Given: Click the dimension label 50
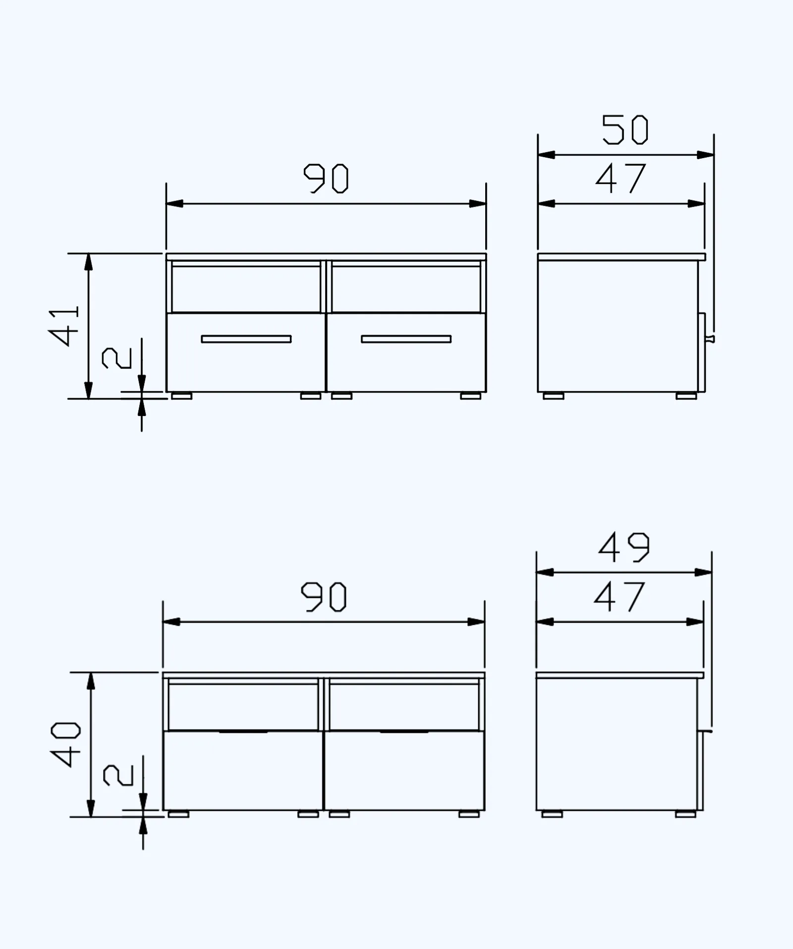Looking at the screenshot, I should (x=625, y=130).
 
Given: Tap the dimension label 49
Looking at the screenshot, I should (x=623, y=548).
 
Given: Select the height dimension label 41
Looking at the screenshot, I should (x=65, y=326).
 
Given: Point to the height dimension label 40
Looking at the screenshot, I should (x=66, y=744).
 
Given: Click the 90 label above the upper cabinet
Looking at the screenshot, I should (x=326, y=178).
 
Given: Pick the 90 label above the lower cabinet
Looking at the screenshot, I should (x=324, y=597).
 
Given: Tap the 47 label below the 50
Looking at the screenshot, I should (x=621, y=178).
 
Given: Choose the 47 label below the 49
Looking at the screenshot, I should (x=619, y=597).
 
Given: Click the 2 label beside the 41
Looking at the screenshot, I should (x=117, y=358).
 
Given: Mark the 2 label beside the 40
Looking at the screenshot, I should (x=118, y=775).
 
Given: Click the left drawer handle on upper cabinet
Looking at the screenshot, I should (x=246, y=339).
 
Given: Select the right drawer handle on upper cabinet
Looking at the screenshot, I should (x=406, y=339).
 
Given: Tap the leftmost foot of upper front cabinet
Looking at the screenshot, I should (x=181, y=396).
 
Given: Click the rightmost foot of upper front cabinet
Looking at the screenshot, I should (x=470, y=396).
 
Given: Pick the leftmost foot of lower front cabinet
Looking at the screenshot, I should (x=178, y=814).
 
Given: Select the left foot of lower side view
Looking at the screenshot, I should (x=552, y=814).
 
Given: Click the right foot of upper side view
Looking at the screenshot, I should (x=686, y=396).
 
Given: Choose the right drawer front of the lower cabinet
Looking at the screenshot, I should (x=404, y=771).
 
